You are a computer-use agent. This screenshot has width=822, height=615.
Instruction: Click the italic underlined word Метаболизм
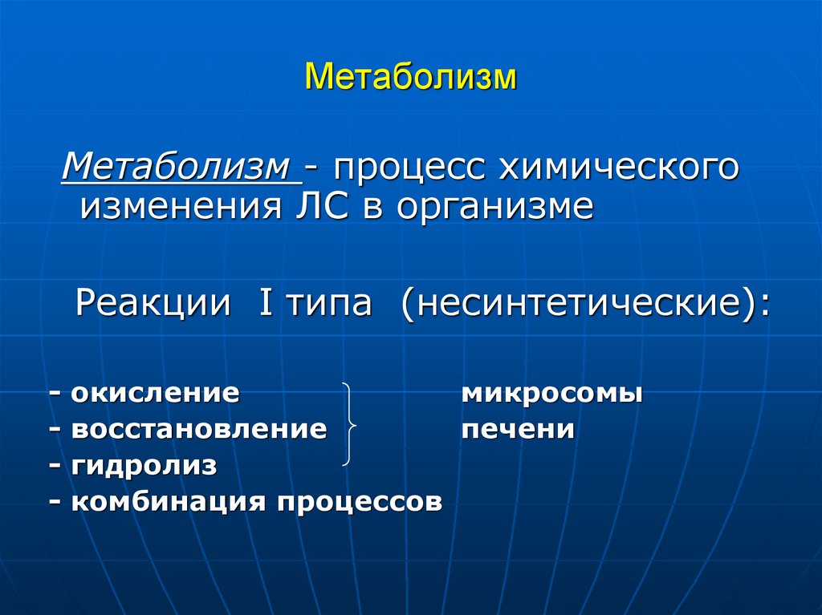[177, 167]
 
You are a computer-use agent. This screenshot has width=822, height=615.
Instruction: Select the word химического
[618, 168]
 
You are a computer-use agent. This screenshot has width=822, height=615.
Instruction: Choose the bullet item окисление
[154, 394]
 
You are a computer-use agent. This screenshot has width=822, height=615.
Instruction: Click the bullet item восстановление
[198, 430]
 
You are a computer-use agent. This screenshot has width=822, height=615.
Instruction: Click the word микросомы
[551, 394]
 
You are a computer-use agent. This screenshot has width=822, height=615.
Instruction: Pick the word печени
[518, 430]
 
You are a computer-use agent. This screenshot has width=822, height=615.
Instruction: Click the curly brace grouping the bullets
[348, 425]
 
